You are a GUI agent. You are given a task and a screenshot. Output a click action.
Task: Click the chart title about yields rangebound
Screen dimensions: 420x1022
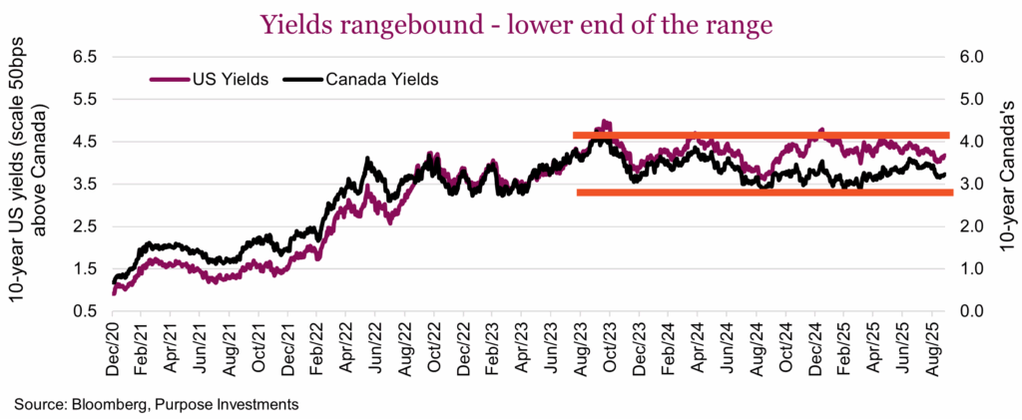click(517, 24)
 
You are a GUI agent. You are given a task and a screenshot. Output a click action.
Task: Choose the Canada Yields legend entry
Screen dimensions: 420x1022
click(382, 78)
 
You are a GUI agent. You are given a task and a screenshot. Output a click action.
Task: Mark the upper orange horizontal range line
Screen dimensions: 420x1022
click(763, 135)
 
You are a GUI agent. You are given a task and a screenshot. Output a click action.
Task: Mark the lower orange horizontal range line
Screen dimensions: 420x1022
click(765, 192)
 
